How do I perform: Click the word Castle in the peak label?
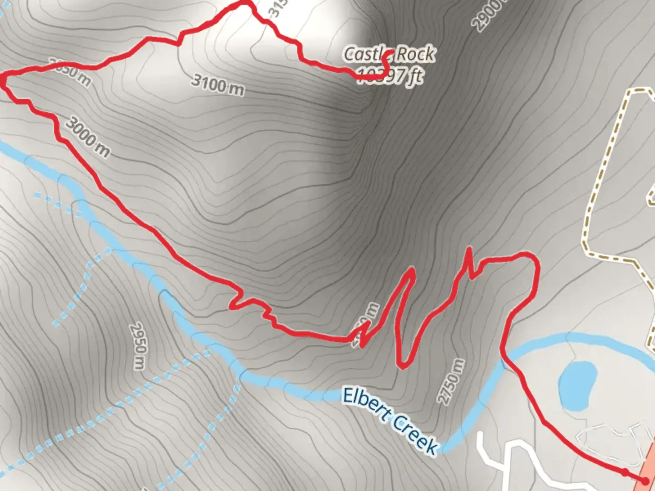[364, 54]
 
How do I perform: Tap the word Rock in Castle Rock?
[415, 54]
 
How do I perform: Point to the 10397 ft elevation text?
[390, 75]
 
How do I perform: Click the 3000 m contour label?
[87, 137]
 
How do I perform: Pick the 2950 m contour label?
[138, 346]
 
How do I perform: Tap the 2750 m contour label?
[451, 381]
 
